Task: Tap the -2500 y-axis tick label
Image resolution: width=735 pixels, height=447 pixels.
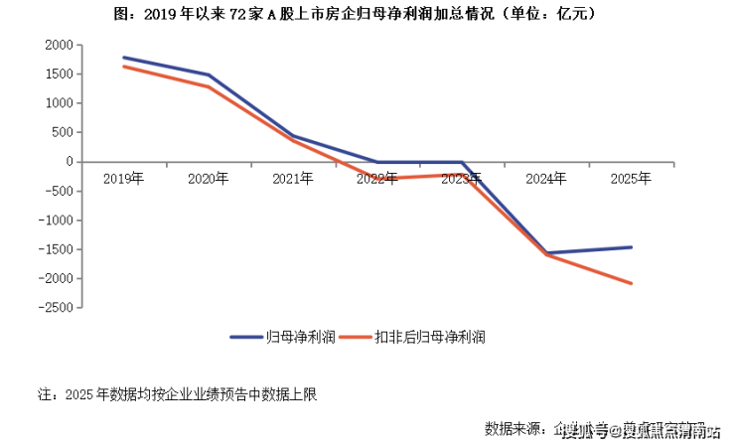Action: (x=54, y=308)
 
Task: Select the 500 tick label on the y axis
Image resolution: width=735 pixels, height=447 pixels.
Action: (x=62, y=132)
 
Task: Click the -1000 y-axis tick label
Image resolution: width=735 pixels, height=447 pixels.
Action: (x=54, y=221)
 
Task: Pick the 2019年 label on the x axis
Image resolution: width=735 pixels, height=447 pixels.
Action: (x=123, y=179)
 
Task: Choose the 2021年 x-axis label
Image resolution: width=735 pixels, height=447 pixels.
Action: (x=293, y=179)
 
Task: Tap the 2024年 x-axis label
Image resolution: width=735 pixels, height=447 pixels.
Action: (x=546, y=179)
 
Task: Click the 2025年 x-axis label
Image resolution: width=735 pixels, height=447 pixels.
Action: (x=631, y=179)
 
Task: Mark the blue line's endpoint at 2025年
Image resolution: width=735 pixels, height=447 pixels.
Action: (x=631, y=247)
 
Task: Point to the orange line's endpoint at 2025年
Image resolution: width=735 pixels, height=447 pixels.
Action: (x=631, y=283)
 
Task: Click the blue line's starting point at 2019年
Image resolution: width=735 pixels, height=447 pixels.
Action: (x=123, y=58)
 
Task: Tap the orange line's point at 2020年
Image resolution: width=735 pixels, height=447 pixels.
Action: (x=208, y=86)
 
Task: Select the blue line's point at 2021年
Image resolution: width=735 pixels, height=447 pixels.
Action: (x=293, y=136)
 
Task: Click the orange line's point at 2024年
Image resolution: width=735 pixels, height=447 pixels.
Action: (x=546, y=255)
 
